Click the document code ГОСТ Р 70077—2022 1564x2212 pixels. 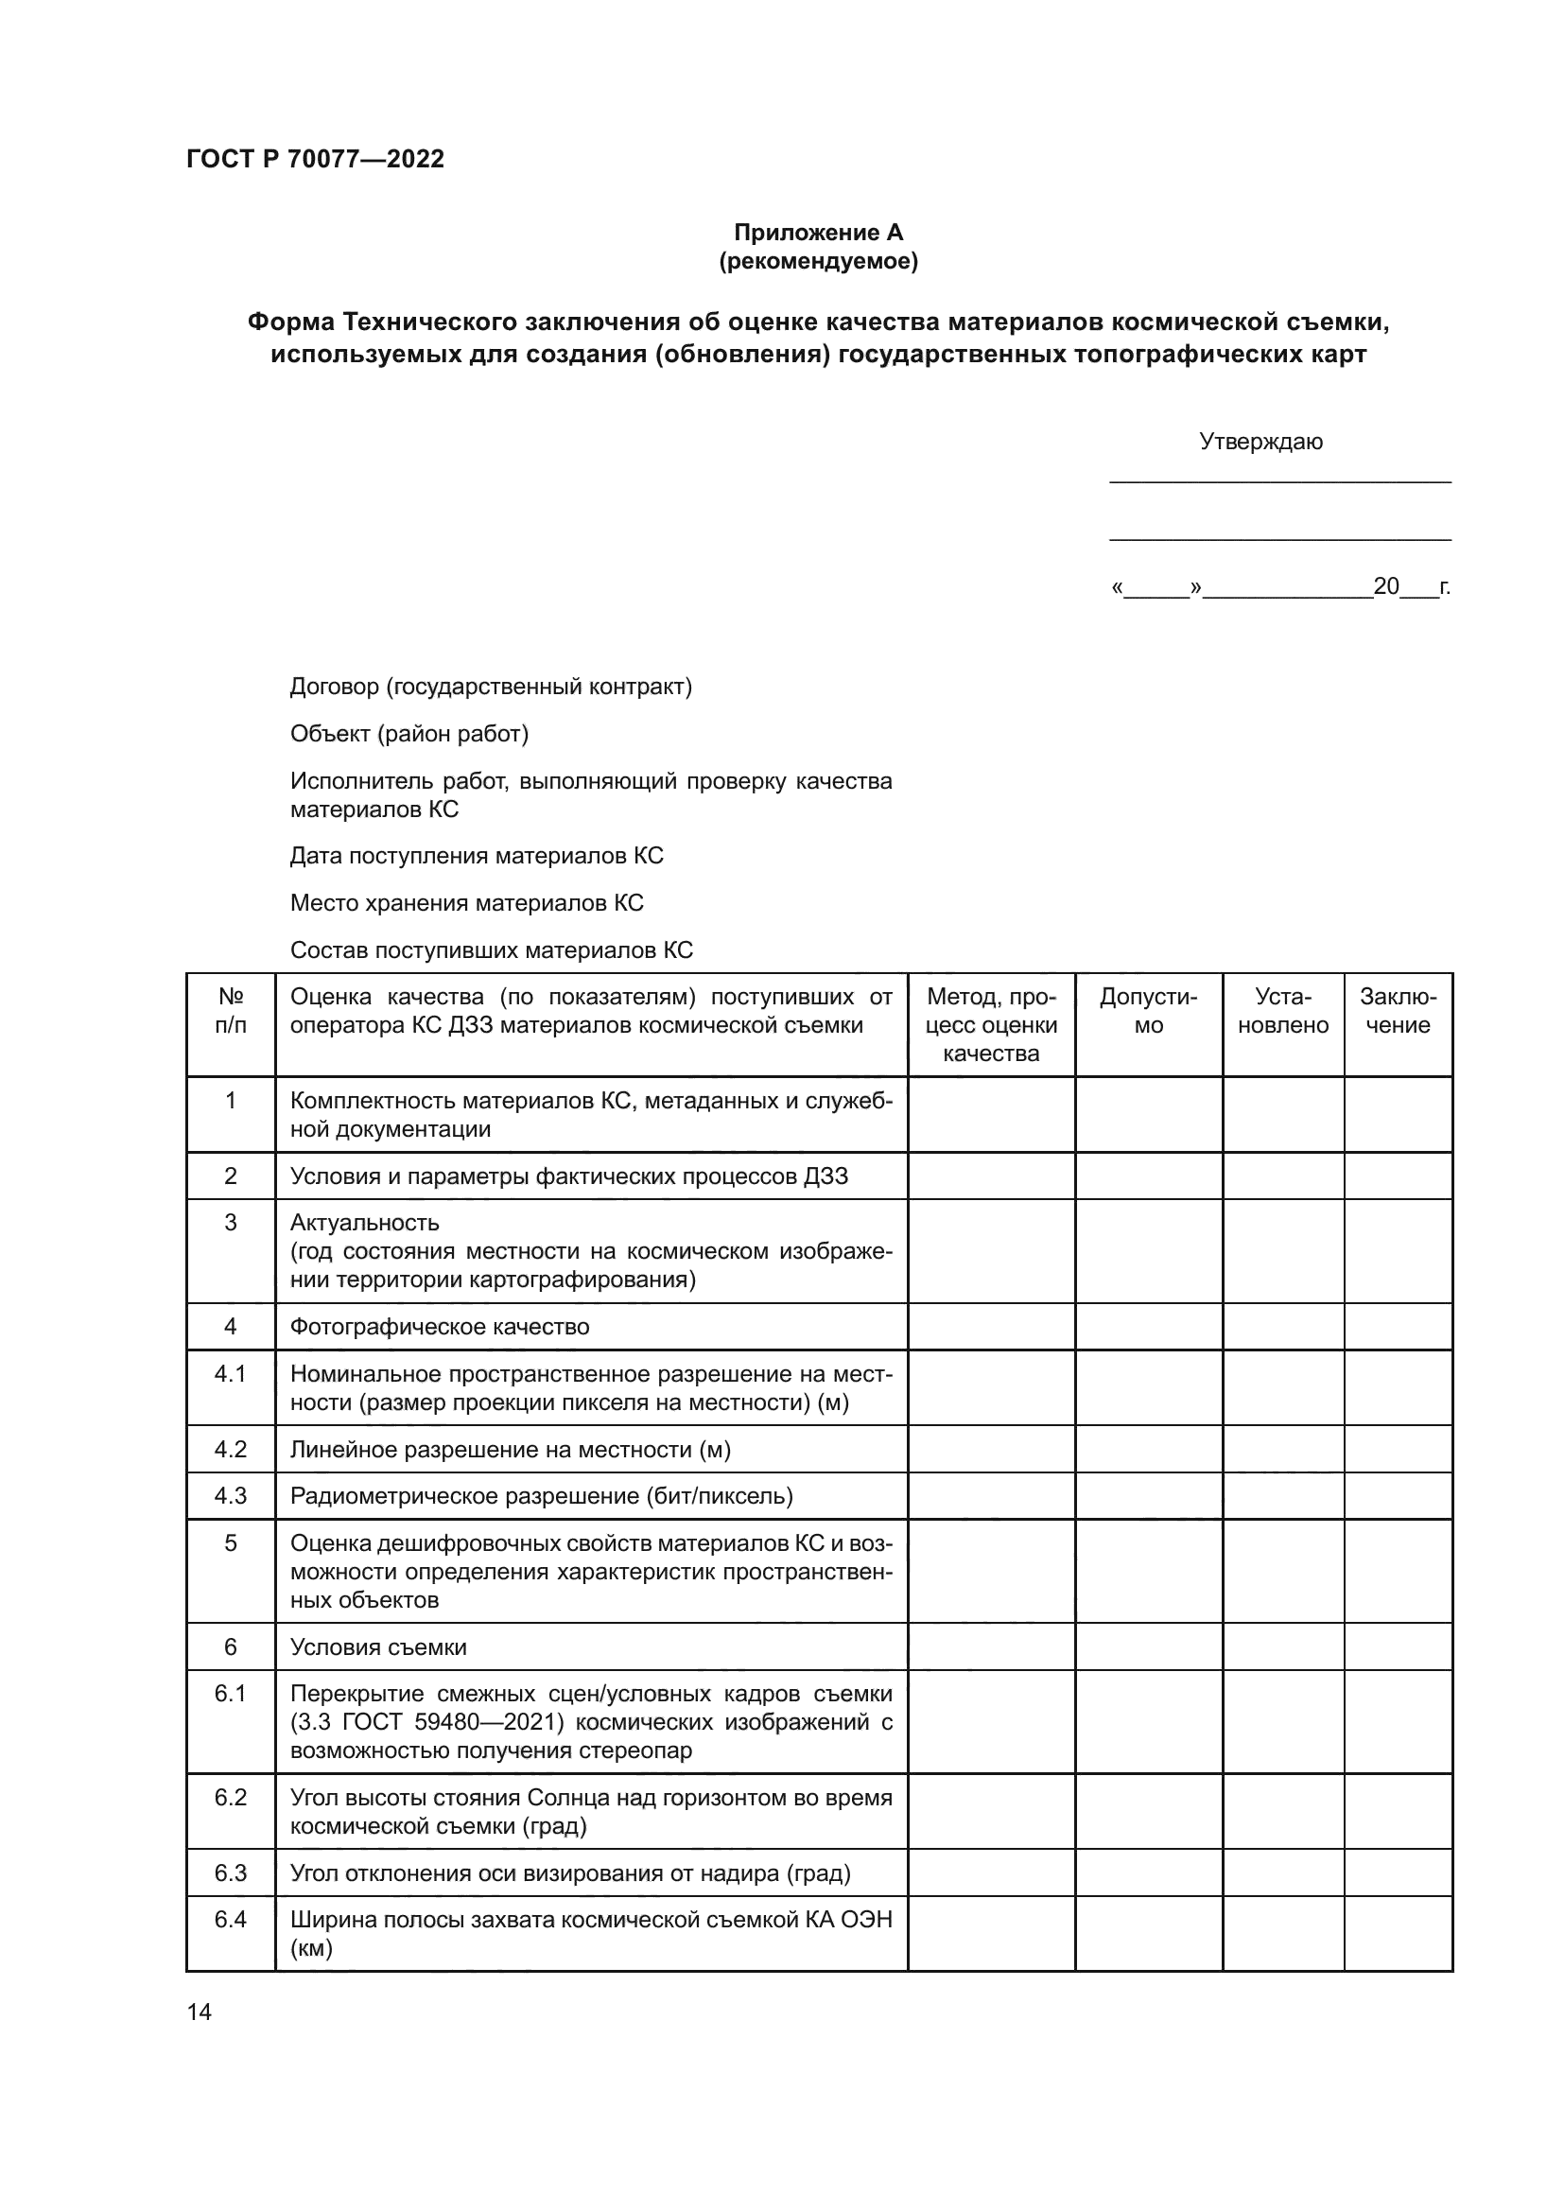click(315, 159)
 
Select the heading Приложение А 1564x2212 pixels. click(818, 233)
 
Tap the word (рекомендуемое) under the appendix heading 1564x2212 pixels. click(818, 261)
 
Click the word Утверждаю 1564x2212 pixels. click(1260, 442)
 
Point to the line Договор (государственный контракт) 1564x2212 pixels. click(490, 687)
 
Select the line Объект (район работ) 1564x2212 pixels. click(408, 734)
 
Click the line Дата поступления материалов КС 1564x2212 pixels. click(476, 856)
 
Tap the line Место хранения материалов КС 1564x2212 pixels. click(466, 903)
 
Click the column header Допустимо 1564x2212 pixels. click(1148, 1011)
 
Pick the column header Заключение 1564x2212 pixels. click(1398, 1011)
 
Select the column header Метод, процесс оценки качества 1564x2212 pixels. click(991, 1024)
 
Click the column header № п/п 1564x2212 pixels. click(230, 1011)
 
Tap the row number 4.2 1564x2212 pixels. click(230, 1449)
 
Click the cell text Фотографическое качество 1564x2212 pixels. click(439, 1327)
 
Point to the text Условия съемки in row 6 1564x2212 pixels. click(377, 1646)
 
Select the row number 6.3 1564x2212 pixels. click(230, 1872)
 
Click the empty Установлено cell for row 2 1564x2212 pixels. click(1283, 1176)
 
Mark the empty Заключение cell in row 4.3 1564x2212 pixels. click(1398, 1495)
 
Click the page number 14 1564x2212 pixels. click(200, 2012)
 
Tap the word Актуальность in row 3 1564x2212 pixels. click(364, 1223)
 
